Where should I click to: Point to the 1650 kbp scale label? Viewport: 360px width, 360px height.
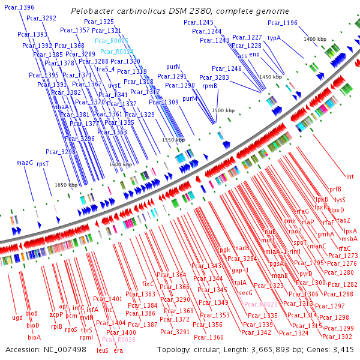(66, 185)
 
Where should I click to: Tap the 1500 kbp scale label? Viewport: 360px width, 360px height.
(223, 110)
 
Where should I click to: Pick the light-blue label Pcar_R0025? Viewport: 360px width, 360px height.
(112, 41)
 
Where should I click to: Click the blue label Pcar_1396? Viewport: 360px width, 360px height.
(17, 7)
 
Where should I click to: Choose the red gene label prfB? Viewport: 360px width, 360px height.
(335, 189)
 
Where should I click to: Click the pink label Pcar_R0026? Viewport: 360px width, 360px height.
(261, 305)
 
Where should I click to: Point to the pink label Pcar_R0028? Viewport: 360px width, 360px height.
(119, 340)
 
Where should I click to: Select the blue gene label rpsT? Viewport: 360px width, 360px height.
(43, 163)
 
